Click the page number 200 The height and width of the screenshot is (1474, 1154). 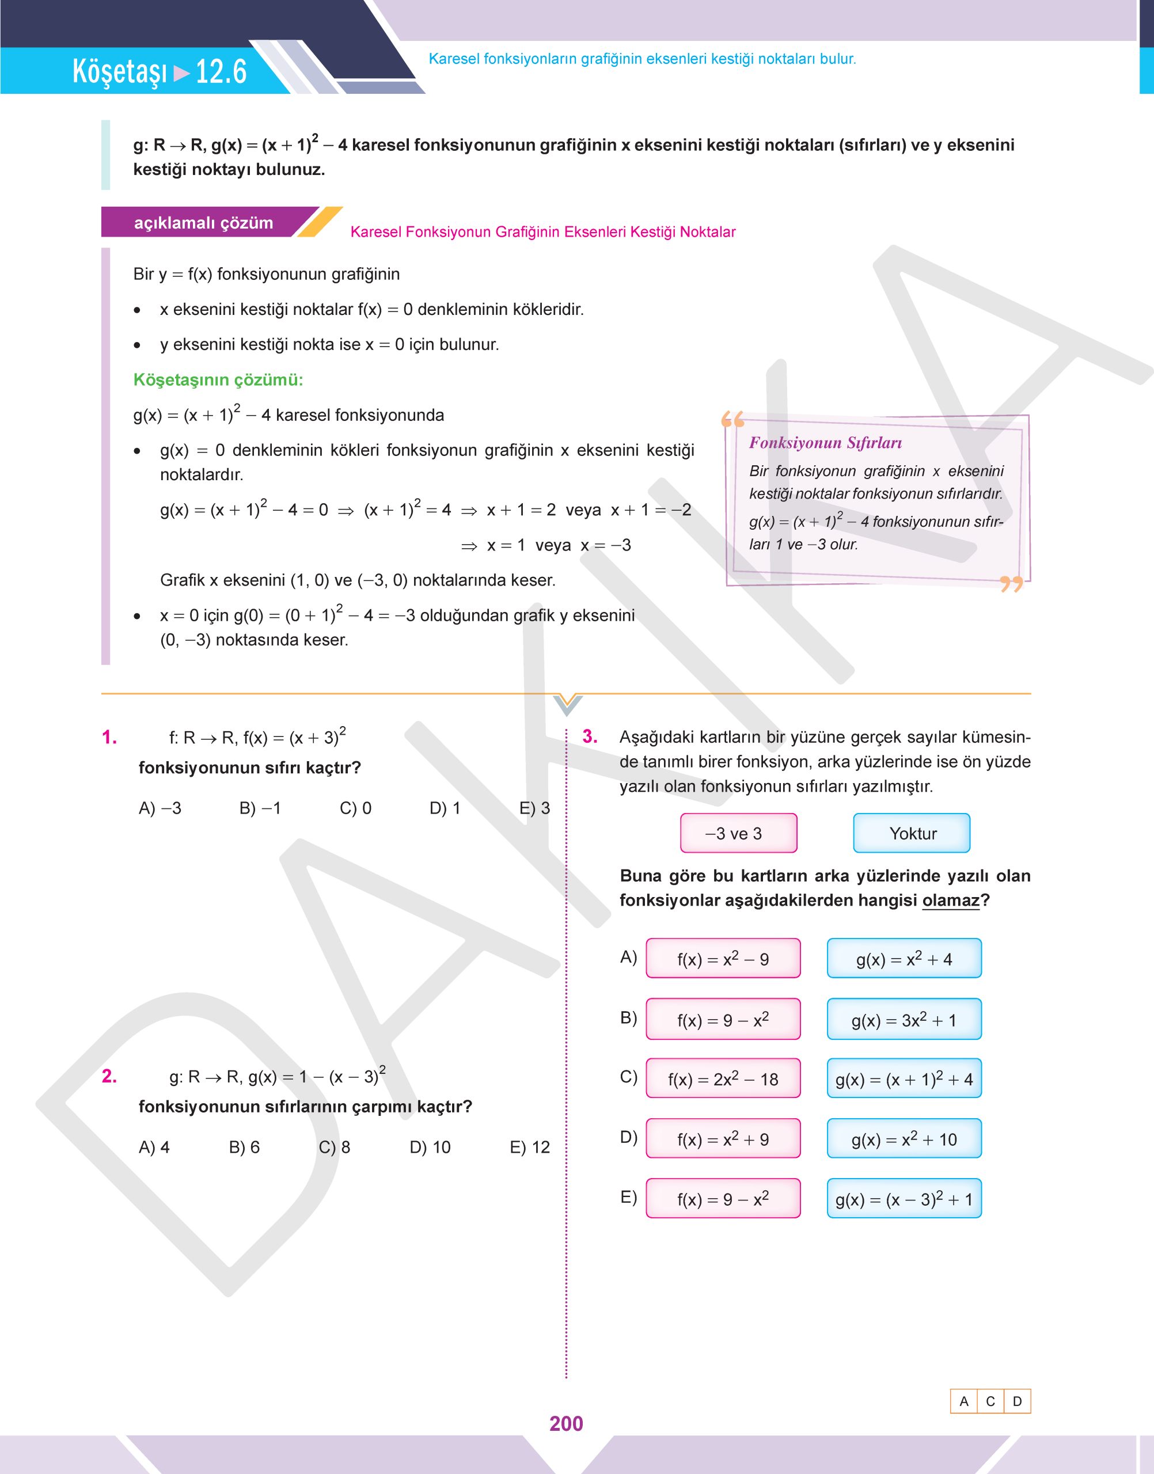565,1423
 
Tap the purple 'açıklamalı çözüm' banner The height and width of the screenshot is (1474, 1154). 203,223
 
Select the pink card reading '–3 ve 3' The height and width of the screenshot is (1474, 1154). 738,833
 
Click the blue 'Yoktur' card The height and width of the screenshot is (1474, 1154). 912,833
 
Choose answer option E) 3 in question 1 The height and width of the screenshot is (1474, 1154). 534,808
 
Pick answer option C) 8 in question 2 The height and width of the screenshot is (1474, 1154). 334,1147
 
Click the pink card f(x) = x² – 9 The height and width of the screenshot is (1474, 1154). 722,959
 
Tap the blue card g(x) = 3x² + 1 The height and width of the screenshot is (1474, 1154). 904,1019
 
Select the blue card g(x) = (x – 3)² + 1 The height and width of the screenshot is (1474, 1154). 904,1199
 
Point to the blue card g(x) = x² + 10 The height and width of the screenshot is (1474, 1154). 904,1139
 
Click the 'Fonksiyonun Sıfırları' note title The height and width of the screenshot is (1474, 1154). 825,442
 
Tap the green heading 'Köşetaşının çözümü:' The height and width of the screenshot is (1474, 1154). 218,379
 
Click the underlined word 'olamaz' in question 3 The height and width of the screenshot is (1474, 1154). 950,900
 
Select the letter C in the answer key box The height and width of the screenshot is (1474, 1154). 990,1401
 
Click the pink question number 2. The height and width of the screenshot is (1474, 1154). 109,1076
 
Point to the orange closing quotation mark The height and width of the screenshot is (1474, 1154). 1011,583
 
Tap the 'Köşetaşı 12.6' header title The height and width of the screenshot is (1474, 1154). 160,71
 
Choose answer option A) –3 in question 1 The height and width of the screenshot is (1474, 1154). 160,808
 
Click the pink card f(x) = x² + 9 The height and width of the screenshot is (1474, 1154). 722,1139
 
